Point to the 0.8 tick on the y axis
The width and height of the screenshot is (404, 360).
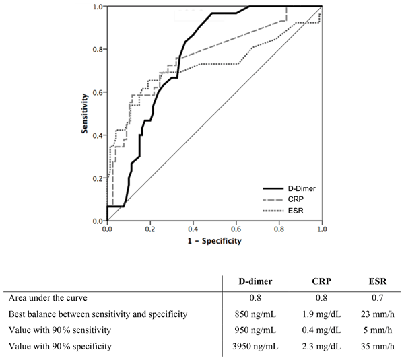(x=99, y=50)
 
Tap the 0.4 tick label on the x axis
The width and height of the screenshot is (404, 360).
(x=193, y=229)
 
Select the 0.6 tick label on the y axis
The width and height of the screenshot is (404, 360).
(x=99, y=93)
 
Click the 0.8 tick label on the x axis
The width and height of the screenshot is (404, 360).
(x=279, y=229)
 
